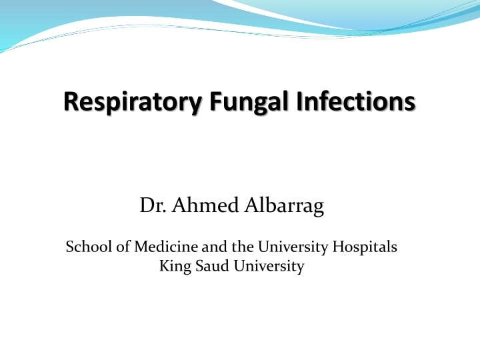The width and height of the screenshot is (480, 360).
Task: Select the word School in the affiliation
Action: [85, 247]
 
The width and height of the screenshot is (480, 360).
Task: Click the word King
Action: [175, 267]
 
